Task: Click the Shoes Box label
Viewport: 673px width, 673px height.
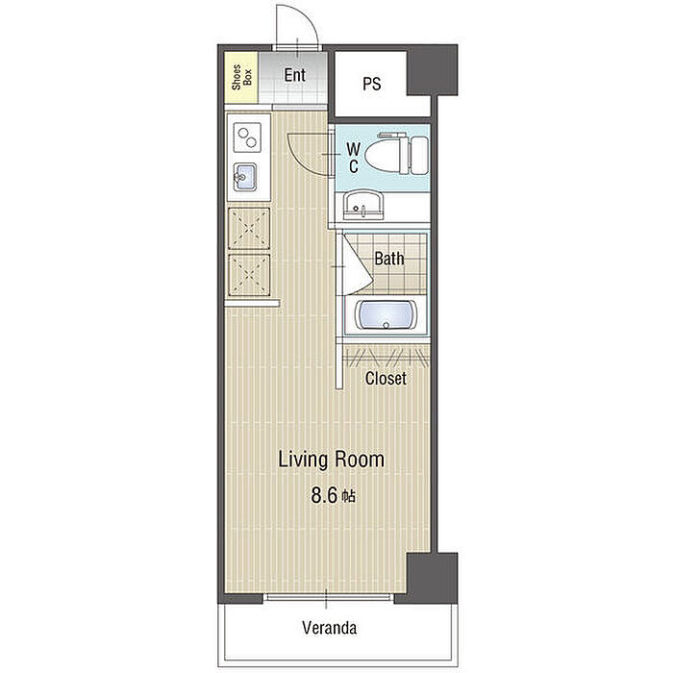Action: [241, 77]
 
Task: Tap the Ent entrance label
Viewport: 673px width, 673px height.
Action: [294, 75]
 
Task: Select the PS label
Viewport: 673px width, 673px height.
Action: [371, 84]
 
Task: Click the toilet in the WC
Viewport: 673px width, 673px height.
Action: [396, 154]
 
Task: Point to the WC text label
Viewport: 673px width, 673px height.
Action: [353, 158]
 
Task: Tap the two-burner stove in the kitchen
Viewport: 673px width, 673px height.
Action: [247, 137]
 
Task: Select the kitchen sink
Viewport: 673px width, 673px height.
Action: [244, 177]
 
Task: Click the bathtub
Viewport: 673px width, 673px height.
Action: [386, 315]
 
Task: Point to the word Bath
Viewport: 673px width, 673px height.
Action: [388, 259]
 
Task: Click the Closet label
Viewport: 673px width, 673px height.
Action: [386, 378]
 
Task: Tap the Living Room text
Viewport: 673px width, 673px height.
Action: [332, 460]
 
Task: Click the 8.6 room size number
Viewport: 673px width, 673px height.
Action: [324, 496]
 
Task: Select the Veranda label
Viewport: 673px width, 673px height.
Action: [329, 628]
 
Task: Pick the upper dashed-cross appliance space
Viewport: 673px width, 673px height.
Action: [249, 229]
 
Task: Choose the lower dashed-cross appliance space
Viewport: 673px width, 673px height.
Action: [249, 275]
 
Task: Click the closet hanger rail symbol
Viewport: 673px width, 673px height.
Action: [387, 358]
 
